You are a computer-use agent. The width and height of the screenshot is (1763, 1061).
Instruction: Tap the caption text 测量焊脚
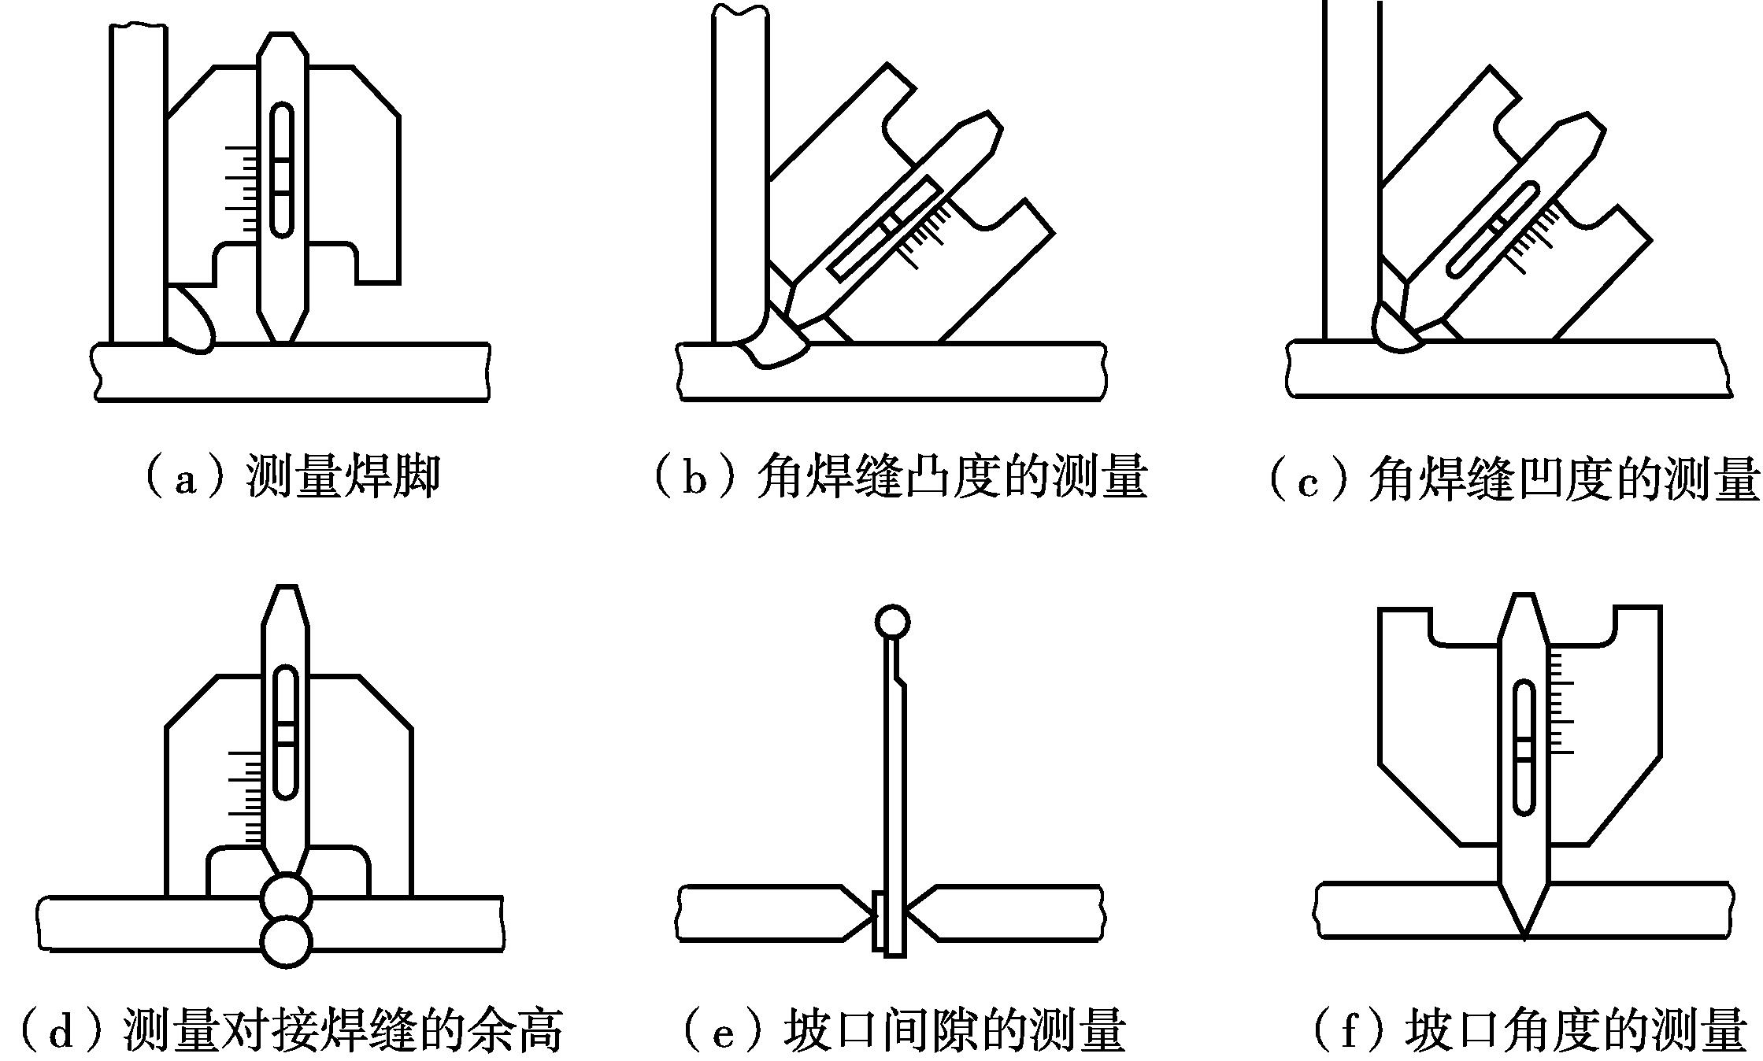point(343,477)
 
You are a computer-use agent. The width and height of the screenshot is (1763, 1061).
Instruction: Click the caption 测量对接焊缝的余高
point(343,1031)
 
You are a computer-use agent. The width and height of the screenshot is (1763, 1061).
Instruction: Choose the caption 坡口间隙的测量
point(954,1031)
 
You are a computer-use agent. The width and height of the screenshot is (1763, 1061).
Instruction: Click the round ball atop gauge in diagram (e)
point(892,623)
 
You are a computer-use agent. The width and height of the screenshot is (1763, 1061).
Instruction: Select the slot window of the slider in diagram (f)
point(1524,748)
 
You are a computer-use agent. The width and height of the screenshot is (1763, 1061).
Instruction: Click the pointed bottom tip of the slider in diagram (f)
point(1524,933)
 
